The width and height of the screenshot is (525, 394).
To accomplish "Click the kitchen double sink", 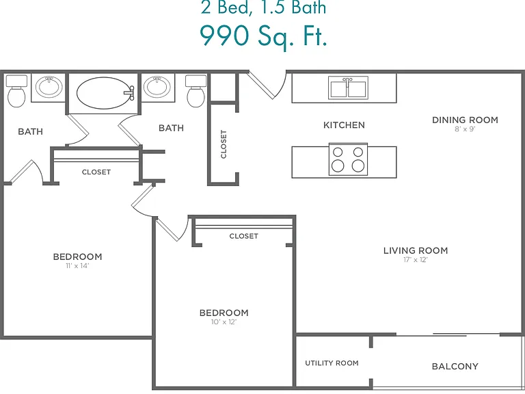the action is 348,88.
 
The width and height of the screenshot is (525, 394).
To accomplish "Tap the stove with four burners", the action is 348,159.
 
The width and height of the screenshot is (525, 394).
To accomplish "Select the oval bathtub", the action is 103,93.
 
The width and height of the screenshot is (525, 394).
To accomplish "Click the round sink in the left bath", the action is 49,86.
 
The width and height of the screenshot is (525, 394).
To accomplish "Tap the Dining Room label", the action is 465,120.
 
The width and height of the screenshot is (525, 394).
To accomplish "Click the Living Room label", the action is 416,250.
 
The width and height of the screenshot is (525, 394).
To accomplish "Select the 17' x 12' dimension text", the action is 416,260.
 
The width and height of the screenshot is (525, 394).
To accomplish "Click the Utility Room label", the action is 332,363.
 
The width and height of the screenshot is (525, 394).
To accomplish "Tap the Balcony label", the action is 455,366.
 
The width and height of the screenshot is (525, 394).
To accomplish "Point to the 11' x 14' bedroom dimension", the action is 77,266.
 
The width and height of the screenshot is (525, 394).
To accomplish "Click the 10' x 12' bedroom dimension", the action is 224,322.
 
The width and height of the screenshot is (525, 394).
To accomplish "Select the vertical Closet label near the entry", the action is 224,144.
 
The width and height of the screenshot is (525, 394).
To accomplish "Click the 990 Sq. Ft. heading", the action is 263,36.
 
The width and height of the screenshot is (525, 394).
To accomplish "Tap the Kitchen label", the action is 344,125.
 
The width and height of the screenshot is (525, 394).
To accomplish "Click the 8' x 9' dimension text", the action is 465,129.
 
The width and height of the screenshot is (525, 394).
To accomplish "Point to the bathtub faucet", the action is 130,93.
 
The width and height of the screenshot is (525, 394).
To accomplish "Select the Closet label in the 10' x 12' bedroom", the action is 244,236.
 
